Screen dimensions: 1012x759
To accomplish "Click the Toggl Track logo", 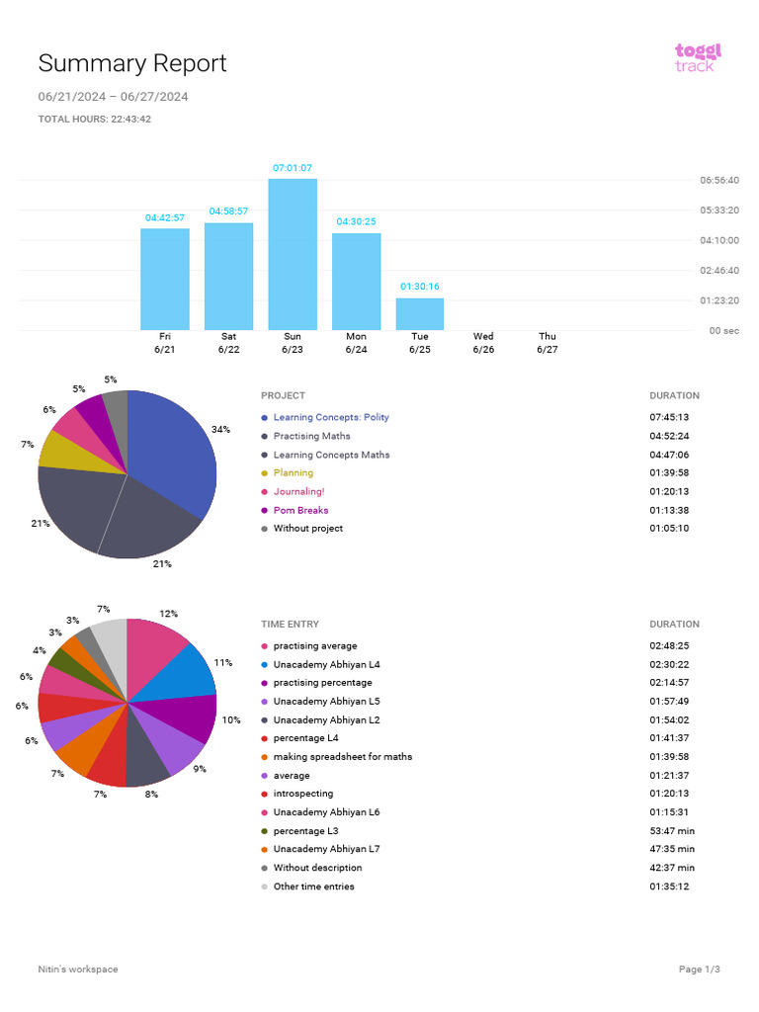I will [x=698, y=57].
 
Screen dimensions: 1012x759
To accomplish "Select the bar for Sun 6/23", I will [x=293, y=254].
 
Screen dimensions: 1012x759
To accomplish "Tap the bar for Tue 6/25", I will [x=420, y=313].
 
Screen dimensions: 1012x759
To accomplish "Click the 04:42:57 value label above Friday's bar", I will [x=165, y=217].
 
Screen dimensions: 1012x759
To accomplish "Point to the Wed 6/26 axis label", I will [x=483, y=343].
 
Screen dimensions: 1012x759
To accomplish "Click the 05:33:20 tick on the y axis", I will [x=718, y=211].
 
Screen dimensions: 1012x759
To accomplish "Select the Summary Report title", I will [x=132, y=64].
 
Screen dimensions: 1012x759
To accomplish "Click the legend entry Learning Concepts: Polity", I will [x=331, y=417].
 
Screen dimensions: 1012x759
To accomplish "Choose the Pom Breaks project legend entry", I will [x=300, y=510].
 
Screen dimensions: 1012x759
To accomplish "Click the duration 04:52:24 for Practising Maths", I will [x=669, y=436].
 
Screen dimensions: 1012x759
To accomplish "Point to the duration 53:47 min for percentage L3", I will [x=672, y=831].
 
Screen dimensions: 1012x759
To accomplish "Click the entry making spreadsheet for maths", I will [x=342, y=757].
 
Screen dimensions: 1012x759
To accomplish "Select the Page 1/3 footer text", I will [x=700, y=970].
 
